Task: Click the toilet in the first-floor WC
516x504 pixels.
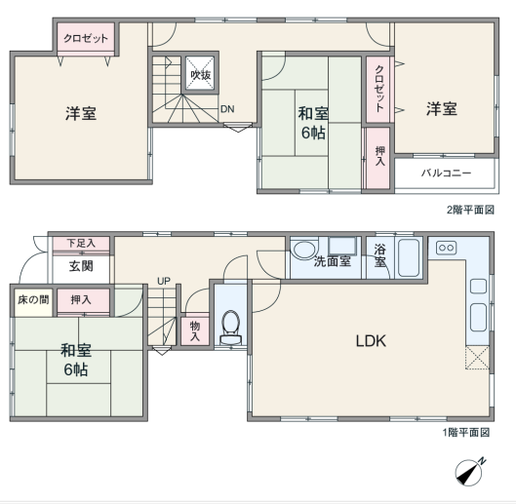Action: point(230,328)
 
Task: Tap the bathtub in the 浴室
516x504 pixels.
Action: point(409,258)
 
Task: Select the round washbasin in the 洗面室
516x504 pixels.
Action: point(304,250)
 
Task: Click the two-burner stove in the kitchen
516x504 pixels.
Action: point(446,248)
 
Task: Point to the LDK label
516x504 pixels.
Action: point(371,341)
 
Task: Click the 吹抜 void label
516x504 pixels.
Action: point(200,75)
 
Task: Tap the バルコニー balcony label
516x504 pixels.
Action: point(446,173)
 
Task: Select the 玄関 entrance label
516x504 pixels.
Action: point(81,266)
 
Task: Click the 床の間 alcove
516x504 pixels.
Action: point(33,300)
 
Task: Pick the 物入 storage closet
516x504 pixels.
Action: point(195,331)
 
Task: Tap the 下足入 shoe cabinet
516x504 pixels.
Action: point(81,244)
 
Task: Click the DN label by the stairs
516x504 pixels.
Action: point(227,109)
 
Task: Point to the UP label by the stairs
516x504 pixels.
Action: point(164,281)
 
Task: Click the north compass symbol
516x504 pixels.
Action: point(470,472)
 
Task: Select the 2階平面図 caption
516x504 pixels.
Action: point(470,210)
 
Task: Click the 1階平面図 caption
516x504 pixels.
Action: point(466,432)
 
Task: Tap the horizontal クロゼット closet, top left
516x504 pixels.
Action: point(86,39)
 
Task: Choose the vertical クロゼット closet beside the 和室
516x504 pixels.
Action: point(378,90)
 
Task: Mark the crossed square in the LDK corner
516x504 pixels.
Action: point(477,357)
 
